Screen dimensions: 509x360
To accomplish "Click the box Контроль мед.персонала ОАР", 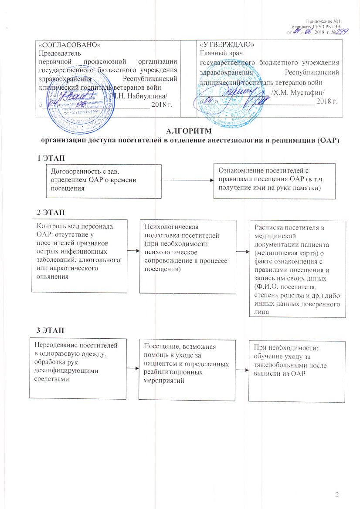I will (x=78, y=254).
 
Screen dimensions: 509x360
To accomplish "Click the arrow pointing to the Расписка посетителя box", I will (x=242, y=252).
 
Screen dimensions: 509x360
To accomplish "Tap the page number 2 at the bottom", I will (x=337, y=494).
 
